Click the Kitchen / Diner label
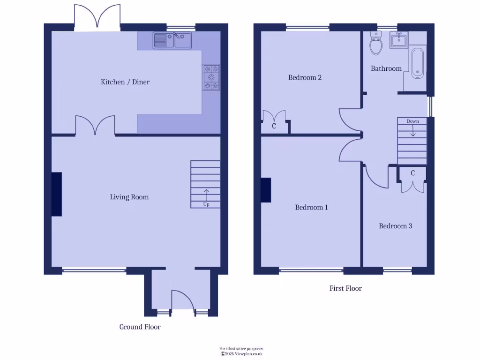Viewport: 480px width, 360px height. [x=125, y=82]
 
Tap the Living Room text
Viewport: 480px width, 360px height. [x=129, y=197]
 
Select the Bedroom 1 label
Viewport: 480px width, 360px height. [x=311, y=207]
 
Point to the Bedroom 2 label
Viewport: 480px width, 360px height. [x=305, y=77]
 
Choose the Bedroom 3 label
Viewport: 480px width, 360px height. [x=396, y=226]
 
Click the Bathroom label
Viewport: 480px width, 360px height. [x=386, y=68]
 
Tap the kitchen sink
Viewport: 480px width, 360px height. [x=172, y=40]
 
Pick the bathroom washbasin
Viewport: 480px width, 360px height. [x=399, y=40]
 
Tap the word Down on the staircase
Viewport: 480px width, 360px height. [x=412, y=121]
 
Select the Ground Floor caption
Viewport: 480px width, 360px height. [x=140, y=327]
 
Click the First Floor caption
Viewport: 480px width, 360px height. [x=345, y=288]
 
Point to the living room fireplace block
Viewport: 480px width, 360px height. [x=56, y=194]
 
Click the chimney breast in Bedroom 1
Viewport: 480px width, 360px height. [x=266, y=190]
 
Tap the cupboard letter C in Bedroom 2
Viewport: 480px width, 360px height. [x=274, y=127]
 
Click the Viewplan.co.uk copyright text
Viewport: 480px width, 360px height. [x=242, y=354]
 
